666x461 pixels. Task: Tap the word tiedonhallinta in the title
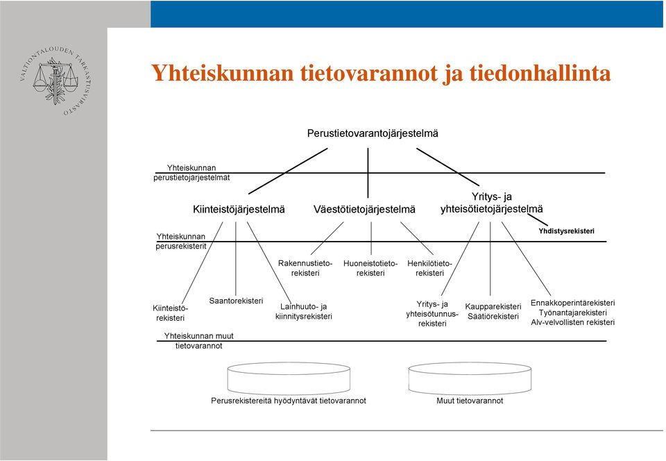(540, 73)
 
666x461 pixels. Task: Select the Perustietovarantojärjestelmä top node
(373, 133)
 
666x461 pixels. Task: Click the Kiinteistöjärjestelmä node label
(239, 210)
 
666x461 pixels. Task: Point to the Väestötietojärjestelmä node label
(364, 210)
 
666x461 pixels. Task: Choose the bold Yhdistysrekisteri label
(566, 231)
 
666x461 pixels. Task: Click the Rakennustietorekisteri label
(305, 268)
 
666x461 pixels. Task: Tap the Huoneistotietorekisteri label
(370, 268)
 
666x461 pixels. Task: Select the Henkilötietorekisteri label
(429, 268)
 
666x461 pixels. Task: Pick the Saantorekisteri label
(236, 301)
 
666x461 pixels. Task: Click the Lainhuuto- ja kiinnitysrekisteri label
(304, 312)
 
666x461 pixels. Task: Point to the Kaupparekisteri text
(493, 307)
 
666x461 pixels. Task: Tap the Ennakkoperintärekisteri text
(572, 303)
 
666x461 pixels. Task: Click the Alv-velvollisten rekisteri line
(572, 322)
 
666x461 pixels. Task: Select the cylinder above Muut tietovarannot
(470, 378)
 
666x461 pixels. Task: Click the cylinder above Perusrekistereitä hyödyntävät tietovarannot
(289, 378)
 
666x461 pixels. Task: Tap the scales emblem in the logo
(55, 81)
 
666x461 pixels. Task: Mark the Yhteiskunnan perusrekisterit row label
(181, 242)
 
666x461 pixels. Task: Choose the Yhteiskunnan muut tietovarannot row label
(199, 341)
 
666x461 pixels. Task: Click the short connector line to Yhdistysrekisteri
(538, 219)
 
